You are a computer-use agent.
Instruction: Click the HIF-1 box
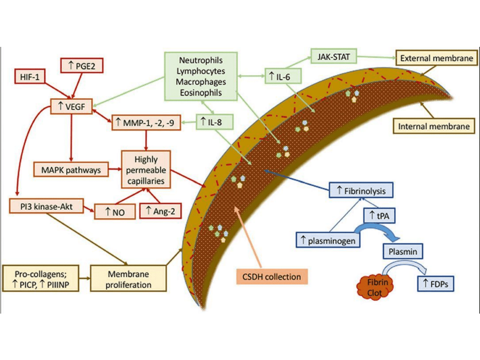coord(30,76)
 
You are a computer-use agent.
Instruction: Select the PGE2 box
coord(82,66)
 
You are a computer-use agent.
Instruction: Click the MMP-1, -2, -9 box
coord(145,123)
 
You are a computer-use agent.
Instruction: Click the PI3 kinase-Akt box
coord(46,205)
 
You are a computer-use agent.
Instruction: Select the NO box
coord(114,211)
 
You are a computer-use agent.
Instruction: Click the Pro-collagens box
coord(40,277)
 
